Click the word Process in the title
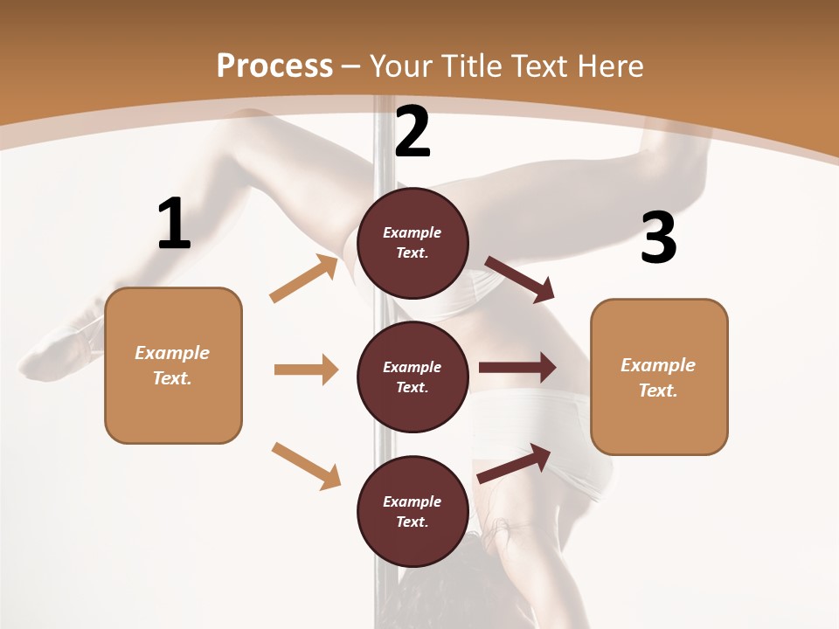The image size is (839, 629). click(x=274, y=66)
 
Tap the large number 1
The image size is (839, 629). click(x=174, y=224)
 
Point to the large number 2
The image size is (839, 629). click(x=413, y=132)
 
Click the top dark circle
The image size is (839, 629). click(x=413, y=243)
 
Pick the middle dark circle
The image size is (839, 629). click(x=413, y=377)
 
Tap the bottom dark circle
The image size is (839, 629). click(x=413, y=511)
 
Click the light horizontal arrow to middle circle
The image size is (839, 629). click(x=306, y=370)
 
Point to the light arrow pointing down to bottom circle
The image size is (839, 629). click(x=306, y=466)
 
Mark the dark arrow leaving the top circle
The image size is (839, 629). click(x=520, y=280)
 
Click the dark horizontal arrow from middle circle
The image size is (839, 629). click(x=517, y=368)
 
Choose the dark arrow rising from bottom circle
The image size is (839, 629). click(x=514, y=463)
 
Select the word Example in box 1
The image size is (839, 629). click(x=172, y=353)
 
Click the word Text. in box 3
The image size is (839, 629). click(x=658, y=391)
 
